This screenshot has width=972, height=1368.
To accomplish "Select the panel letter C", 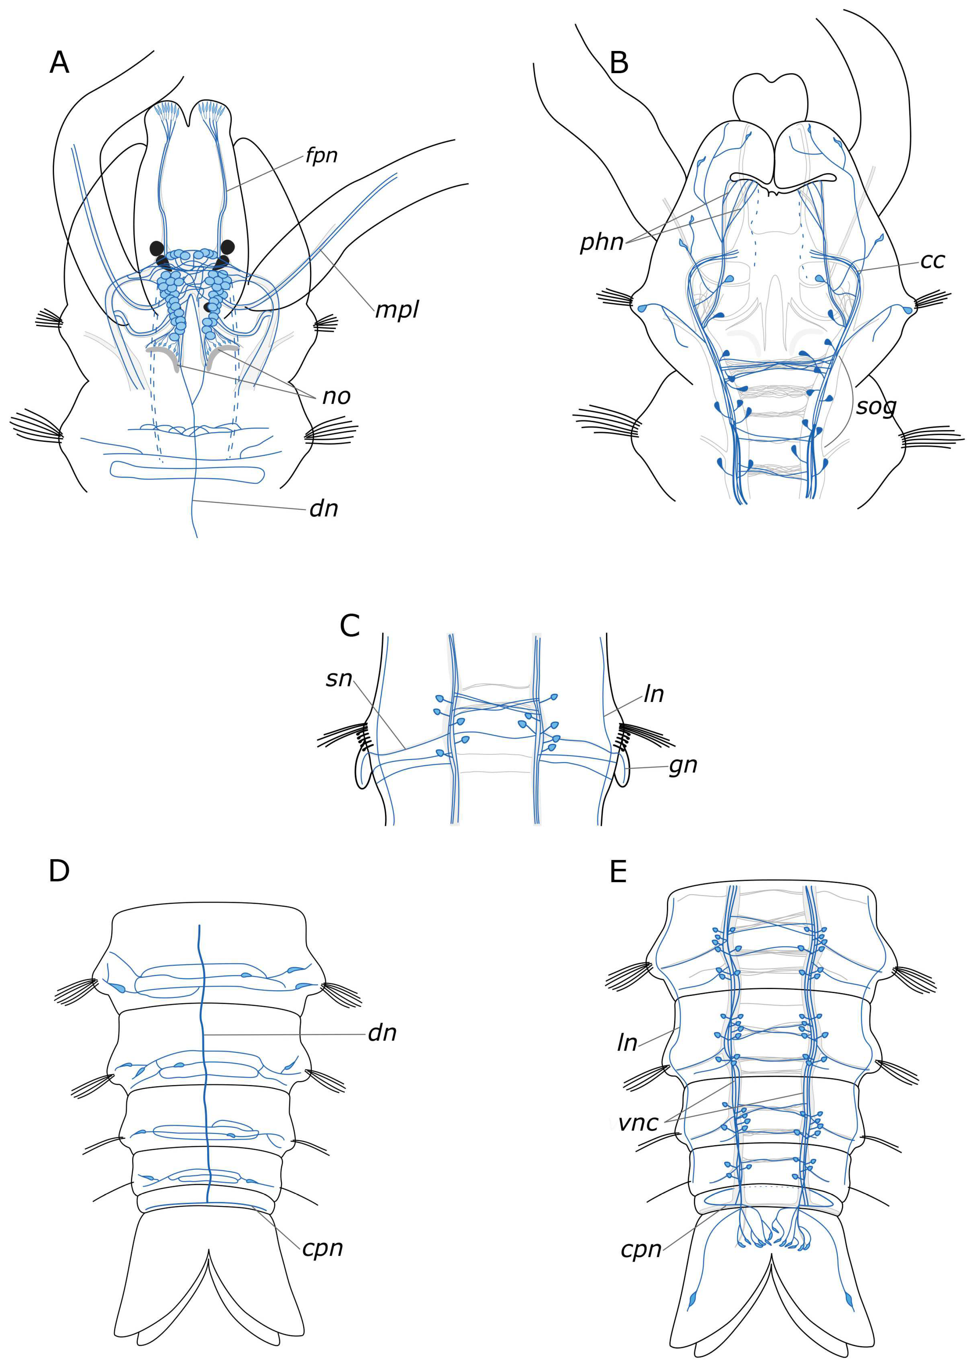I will [349, 626].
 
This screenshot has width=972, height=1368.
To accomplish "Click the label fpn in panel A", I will [321, 156].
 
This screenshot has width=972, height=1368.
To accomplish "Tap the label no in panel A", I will [336, 396].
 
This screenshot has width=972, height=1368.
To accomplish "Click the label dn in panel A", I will [324, 509].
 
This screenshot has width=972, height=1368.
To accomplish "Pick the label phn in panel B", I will [602, 242].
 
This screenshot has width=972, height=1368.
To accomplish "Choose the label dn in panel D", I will [382, 1033].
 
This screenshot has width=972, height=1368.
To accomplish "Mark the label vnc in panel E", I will [638, 1123].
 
